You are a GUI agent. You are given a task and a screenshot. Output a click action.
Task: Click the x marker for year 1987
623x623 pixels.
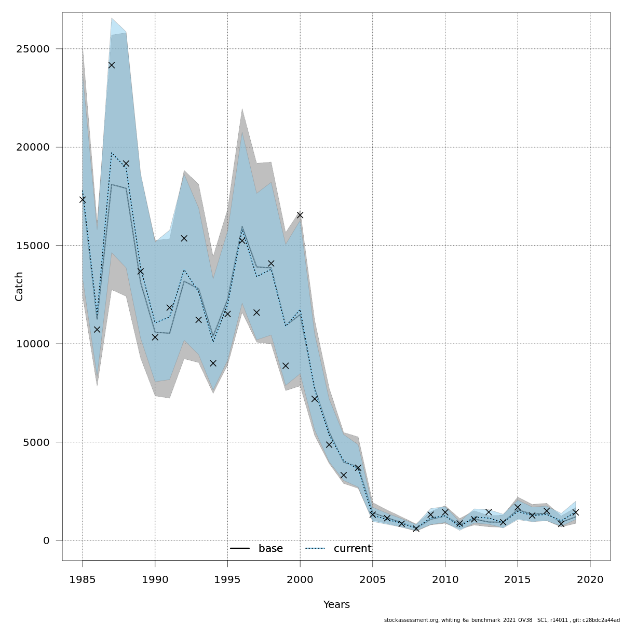coord(112,65)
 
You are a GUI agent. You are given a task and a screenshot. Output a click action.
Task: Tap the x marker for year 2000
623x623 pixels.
coord(300,215)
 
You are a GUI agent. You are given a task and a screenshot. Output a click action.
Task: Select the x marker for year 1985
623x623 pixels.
coord(83,199)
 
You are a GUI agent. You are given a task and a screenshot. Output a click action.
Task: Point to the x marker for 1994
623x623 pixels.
coord(213,363)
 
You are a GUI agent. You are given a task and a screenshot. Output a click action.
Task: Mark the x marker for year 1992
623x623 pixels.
coord(184,238)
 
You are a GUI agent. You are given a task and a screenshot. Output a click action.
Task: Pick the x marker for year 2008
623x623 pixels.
coord(416,529)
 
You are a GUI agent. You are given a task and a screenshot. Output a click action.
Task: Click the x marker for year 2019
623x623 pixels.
coord(575,512)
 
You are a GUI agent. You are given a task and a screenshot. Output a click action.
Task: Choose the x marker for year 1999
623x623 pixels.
coord(286,365)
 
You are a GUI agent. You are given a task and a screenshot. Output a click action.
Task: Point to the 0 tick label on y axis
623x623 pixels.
coord(46,540)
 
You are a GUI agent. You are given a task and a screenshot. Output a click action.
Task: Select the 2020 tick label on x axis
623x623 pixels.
coord(590,579)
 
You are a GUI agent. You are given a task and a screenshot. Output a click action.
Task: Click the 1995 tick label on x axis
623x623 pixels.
coord(227,579)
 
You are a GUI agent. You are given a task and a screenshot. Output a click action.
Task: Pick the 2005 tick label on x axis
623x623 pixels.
coord(372,579)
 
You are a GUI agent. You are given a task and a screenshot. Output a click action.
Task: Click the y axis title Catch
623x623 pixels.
coord(19,286)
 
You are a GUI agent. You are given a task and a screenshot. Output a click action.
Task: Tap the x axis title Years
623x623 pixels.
coord(336,605)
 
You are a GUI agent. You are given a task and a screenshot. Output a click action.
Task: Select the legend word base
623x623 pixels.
coord(270,549)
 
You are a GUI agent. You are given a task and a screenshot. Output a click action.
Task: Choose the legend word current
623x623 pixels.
coord(353,549)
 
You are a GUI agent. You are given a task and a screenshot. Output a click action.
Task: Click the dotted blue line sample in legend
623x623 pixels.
coord(315,549)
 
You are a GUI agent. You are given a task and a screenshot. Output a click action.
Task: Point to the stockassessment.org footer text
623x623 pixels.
coord(502,620)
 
